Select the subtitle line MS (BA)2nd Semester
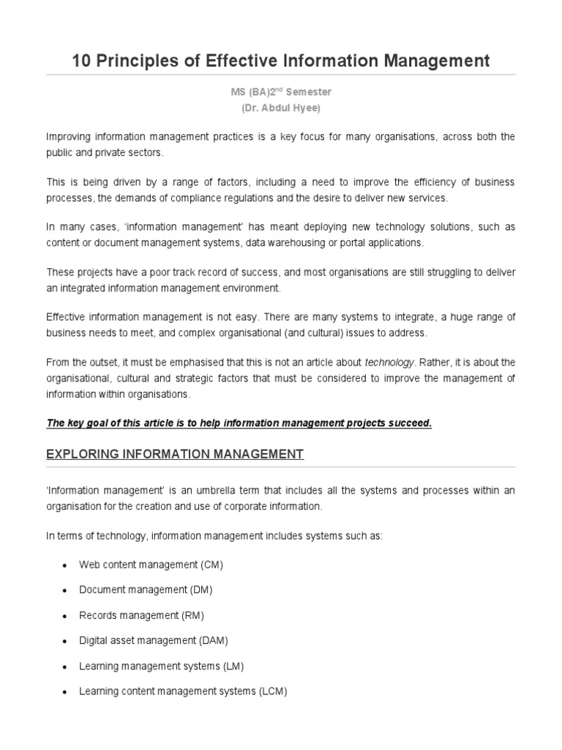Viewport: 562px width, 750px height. (x=281, y=93)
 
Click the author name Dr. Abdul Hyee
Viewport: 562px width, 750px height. (x=281, y=108)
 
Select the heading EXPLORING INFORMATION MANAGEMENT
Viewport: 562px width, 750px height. (x=175, y=454)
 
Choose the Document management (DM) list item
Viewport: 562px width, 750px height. (x=146, y=590)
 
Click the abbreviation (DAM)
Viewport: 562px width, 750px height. (x=214, y=640)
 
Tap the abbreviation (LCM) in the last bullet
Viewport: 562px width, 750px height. (x=274, y=691)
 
